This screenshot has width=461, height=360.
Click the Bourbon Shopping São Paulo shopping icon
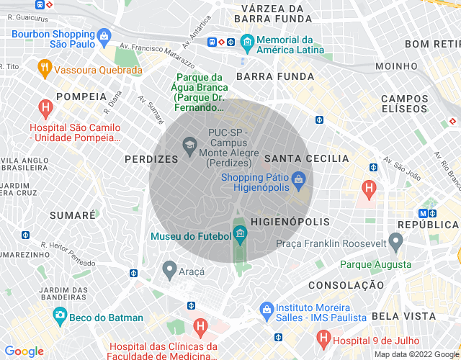pos(104,35)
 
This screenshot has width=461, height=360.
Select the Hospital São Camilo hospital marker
pos(45,109)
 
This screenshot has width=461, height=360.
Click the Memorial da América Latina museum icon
pos(247,40)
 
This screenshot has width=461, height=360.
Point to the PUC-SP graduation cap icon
pos(190,145)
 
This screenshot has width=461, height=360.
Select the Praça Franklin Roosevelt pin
pos(395,241)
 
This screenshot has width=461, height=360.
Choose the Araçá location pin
pos(169,270)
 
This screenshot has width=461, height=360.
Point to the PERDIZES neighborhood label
pos(151,159)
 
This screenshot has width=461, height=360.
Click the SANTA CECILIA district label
pos(306,158)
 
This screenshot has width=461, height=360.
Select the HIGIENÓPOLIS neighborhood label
pos(290,222)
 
